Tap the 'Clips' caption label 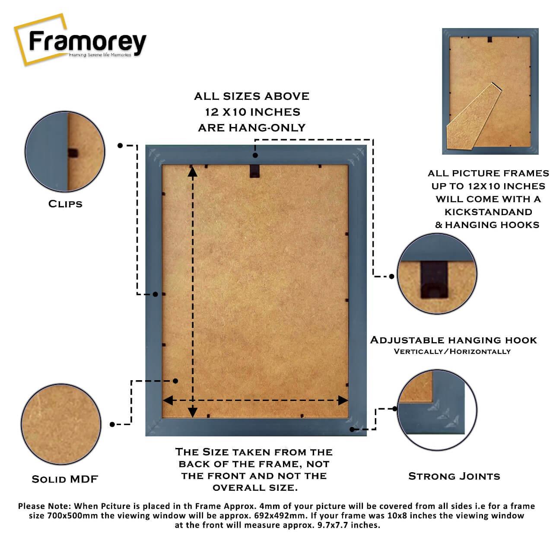pyautogui.click(x=65, y=204)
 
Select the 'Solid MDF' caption pyautogui.click(x=65, y=479)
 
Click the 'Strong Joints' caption pyautogui.click(x=454, y=477)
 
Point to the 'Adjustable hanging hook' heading pyautogui.click(x=454, y=340)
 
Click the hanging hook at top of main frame pyautogui.click(x=254, y=171)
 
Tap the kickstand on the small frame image pyautogui.click(x=474, y=116)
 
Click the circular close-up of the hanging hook pyautogui.click(x=437, y=274)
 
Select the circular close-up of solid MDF pyautogui.click(x=61, y=424)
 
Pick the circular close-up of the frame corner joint pyautogui.click(x=437, y=410)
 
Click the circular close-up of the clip pyautogui.click(x=65, y=151)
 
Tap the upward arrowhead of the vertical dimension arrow pyautogui.click(x=193, y=172)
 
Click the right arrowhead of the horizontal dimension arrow pyautogui.click(x=343, y=400)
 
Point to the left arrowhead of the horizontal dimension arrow pyautogui.click(x=168, y=400)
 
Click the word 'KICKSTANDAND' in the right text pyautogui.click(x=488, y=212)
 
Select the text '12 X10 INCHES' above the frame pyautogui.click(x=253, y=112)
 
